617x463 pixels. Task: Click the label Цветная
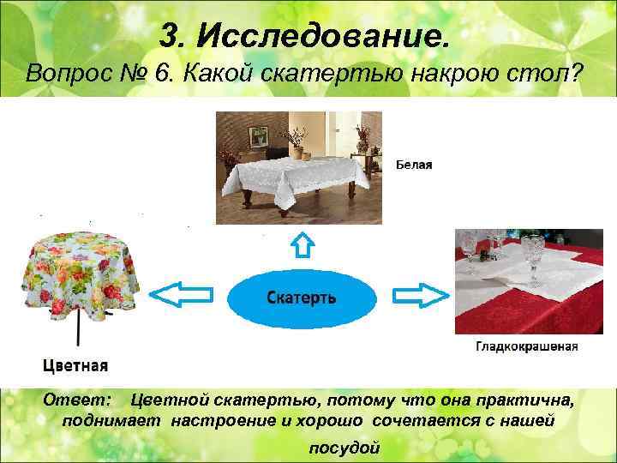click(75, 365)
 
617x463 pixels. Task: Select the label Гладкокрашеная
click(526, 347)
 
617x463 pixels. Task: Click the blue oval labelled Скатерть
click(302, 298)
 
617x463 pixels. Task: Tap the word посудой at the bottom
click(343, 448)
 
